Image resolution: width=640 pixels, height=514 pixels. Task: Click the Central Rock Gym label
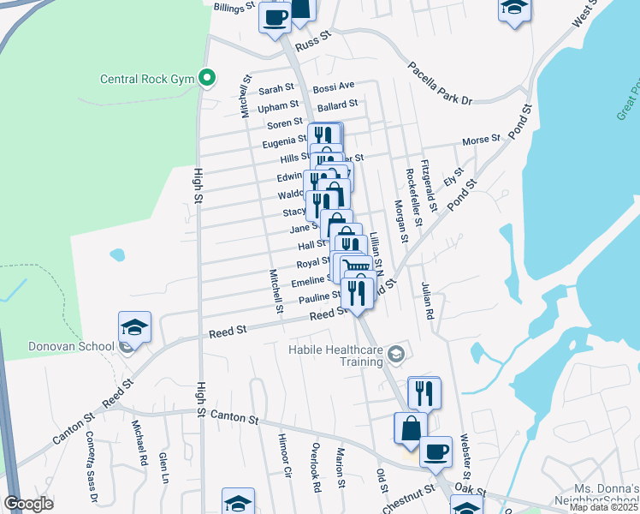click(147, 80)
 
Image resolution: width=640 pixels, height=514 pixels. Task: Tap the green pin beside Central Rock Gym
click(206, 78)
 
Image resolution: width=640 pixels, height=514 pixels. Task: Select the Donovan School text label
click(57, 346)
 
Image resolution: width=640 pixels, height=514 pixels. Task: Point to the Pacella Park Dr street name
click(440, 83)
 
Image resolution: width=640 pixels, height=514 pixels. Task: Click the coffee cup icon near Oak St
click(436, 451)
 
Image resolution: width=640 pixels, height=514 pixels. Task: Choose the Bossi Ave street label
click(334, 87)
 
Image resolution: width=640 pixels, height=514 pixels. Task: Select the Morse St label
click(481, 140)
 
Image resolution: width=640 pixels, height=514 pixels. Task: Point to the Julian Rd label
click(428, 301)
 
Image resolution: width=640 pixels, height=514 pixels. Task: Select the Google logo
click(28, 504)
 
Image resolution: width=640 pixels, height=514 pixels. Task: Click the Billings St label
click(234, 6)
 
